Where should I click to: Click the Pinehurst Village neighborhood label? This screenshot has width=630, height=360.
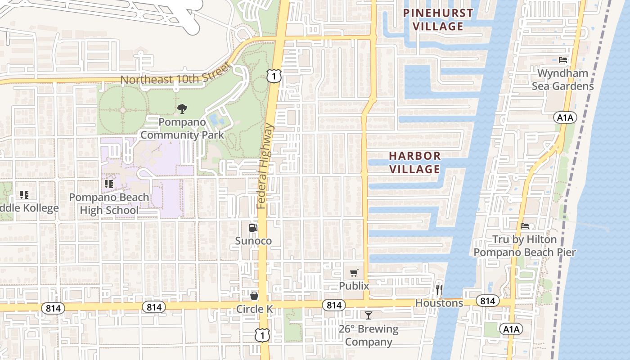pos(438,19)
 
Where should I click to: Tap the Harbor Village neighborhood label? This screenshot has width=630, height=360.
pos(414,162)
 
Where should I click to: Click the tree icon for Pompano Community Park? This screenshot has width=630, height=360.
pos(182,108)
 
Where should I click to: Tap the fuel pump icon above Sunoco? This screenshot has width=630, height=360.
pos(253,228)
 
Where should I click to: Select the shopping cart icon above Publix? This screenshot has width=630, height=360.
pos(354,273)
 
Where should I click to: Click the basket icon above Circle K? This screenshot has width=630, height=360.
pos(254,296)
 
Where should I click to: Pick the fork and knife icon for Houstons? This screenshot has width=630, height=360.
pos(439,289)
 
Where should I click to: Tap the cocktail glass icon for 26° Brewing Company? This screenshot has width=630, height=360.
pos(369,315)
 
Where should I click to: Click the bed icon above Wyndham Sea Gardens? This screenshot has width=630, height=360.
pos(562,59)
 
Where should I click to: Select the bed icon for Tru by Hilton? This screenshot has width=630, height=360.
pos(525,226)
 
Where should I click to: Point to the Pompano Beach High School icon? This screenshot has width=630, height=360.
pos(108,184)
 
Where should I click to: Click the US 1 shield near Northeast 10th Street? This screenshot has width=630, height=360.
pos(274,76)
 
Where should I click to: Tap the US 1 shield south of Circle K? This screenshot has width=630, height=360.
pos(261,334)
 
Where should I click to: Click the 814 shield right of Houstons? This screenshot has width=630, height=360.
pos(487,301)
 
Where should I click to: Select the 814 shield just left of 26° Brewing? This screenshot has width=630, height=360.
pos(333,305)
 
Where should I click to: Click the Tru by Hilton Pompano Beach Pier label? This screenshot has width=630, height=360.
pos(525,246)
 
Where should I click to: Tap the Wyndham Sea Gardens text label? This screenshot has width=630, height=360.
pos(562,79)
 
